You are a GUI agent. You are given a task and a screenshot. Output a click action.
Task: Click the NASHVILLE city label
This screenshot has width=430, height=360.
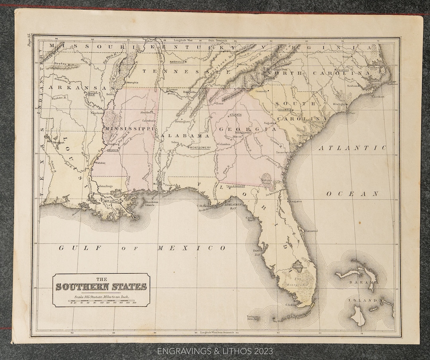(178, 62)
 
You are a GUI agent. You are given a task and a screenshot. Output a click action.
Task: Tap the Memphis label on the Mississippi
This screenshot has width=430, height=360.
(132, 82)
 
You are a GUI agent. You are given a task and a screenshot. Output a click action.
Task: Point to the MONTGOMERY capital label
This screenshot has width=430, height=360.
(200, 148)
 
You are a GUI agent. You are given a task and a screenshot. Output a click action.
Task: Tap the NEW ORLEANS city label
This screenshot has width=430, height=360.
(112, 201)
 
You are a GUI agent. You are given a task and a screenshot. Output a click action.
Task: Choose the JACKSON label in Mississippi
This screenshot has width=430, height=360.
(113, 150)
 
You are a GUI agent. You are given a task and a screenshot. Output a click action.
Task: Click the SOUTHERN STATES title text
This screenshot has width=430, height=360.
(101, 286)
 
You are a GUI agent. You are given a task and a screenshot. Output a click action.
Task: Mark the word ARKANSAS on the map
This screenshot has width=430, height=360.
(76, 87)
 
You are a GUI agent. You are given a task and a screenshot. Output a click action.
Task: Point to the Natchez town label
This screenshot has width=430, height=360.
(100, 163)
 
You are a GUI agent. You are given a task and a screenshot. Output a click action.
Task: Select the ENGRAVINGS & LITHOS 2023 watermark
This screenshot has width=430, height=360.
(215, 351)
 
